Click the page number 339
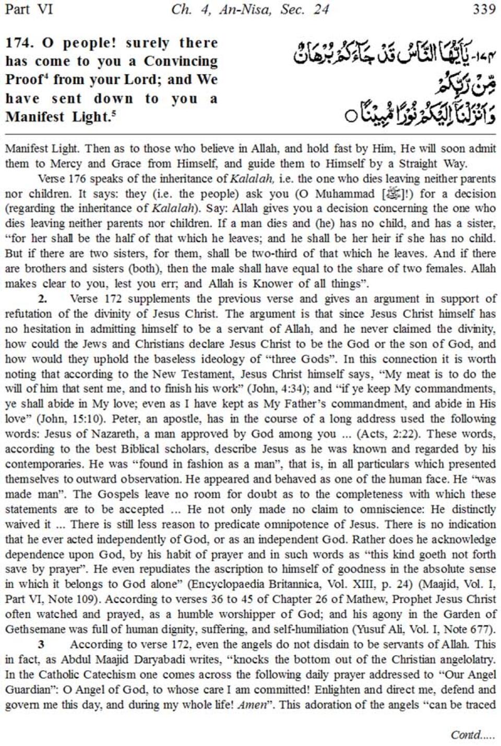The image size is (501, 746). tap(483, 9)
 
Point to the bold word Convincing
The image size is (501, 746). tap(181, 62)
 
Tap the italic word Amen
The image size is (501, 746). tap(252, 705)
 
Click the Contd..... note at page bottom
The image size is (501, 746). tap(473, 735)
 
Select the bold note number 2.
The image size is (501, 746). tap(42, 299)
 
